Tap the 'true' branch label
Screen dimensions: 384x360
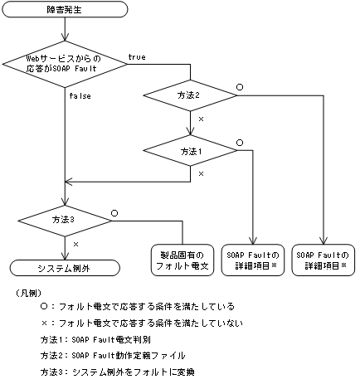click(x=139, y=56)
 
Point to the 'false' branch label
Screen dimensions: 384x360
click(x=80, y=95)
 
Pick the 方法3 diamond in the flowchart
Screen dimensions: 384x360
click(x=64, y=219)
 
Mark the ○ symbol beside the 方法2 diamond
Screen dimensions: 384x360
click(x=240, y=86)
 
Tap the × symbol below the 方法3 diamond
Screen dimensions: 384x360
click(x=75, y=245)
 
